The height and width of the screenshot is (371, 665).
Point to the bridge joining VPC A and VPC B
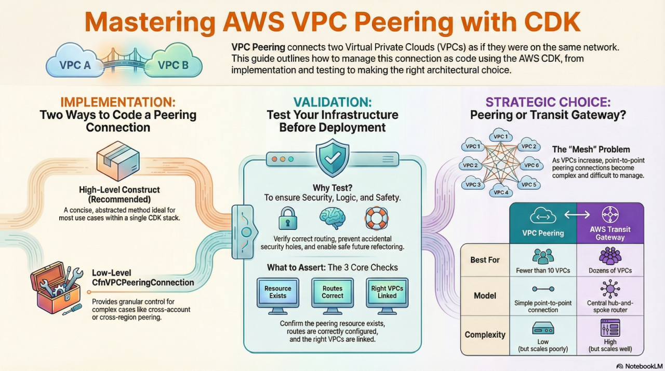pos(123,62)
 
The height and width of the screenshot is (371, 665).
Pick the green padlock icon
pos(287,218)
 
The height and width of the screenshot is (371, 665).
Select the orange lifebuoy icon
pos(377,218)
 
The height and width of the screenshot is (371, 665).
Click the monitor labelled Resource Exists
pos(278,293)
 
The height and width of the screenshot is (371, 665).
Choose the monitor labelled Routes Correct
pos(332,293)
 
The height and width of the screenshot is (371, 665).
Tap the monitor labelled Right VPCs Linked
pos(388,293)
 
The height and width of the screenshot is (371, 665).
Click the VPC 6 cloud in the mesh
pos(531,165)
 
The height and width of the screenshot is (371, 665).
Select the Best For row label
pos(485,259)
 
